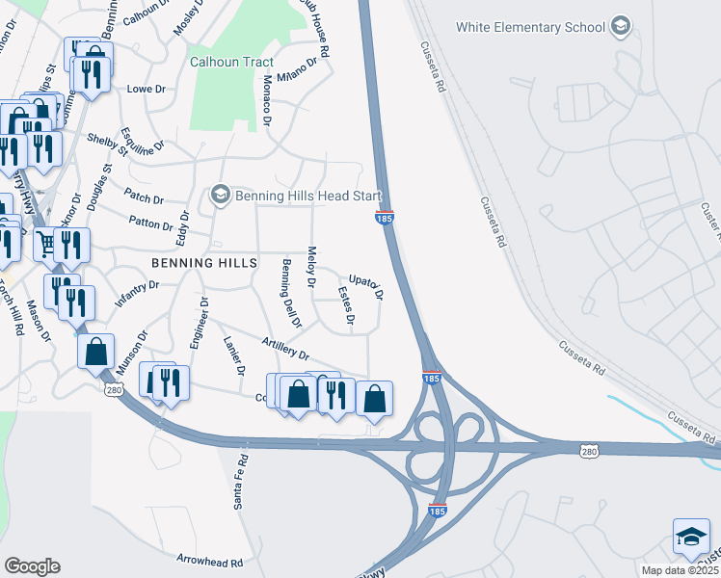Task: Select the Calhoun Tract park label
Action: [x=231, y=62]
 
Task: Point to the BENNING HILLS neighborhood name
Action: [x=203, y=263]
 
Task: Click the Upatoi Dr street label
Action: [x=366, y=284]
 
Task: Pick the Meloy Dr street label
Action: [x=311, y=267]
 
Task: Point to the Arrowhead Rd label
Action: [x=209, y=560]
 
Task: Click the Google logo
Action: [x=32, y=566]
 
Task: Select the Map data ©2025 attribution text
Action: [x=680, y=570]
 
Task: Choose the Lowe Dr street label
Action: [x=147, y=89]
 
